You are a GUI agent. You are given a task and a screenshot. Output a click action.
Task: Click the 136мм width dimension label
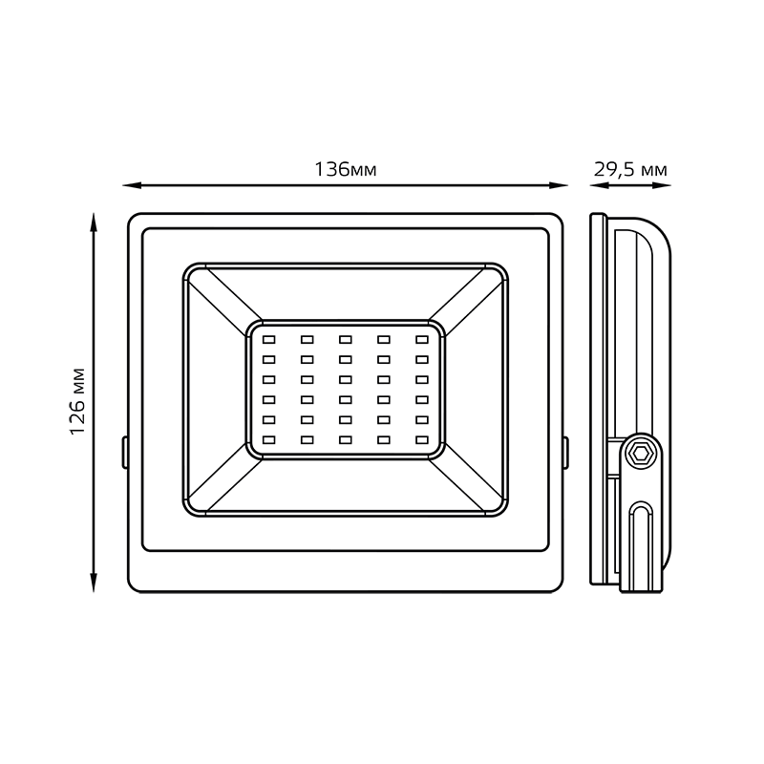[346, 170]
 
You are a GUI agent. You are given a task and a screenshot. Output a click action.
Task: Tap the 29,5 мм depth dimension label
[630, 170]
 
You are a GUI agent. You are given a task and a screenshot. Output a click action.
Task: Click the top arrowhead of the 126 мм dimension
[93, 221]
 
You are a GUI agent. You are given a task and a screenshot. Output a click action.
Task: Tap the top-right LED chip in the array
[421, 339]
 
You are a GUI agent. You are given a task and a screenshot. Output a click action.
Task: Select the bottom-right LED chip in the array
[421, 439]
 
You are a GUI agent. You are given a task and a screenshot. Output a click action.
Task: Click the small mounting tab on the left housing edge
[125, 452]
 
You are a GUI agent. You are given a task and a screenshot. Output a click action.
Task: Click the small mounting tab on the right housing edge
[565, 452]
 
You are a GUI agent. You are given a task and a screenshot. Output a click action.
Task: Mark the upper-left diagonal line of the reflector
[223, 298]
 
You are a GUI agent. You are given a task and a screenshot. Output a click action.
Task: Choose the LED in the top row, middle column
[345, 339]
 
